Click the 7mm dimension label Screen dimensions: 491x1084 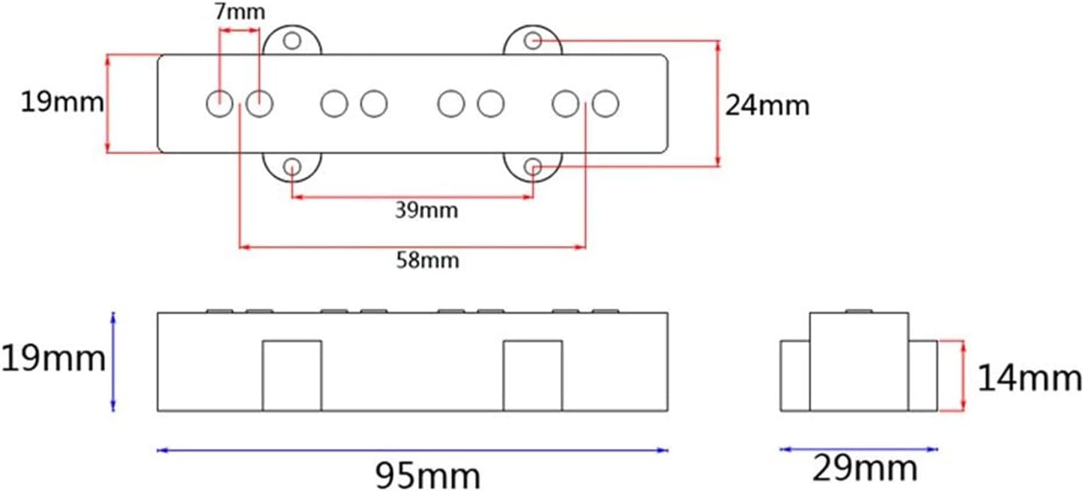[239, 13]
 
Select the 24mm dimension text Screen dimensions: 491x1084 [767, 105]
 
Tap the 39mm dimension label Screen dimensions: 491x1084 [426, 211]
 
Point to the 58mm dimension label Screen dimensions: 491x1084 [427, 261]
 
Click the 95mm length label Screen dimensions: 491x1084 [428, 475]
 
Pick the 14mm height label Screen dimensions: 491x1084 [1029, 380]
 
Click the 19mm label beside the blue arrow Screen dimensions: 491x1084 [52, 359]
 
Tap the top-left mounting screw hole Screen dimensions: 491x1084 [293, 40]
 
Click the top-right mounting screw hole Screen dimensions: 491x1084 [533, 40]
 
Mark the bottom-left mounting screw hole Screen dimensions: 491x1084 [293, 167]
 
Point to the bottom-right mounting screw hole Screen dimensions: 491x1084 [533, 166]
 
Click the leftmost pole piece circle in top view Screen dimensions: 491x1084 [219, 103]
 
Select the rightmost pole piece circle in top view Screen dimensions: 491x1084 [605, 103]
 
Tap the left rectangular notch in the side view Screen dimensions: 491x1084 [292, 376]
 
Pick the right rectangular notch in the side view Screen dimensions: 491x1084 [533, 376]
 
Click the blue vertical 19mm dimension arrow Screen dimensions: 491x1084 [114, 362]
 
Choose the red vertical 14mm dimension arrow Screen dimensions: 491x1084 [963, 375]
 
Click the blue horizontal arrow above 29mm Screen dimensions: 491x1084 [858, 449]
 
